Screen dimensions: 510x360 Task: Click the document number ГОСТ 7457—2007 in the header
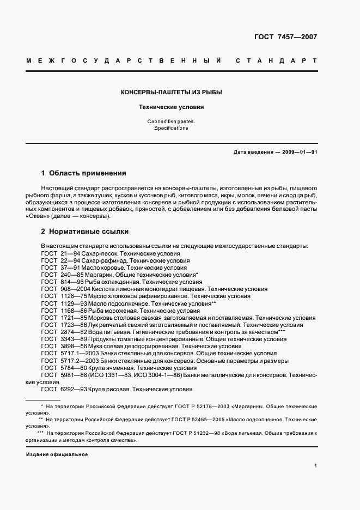[x=285, y=38]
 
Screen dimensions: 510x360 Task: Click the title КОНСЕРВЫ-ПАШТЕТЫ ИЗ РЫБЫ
[x=171, y=92]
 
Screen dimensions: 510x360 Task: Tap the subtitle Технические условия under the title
[x=171, y=107]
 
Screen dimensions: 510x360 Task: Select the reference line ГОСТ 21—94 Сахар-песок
[x=111, y=253]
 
